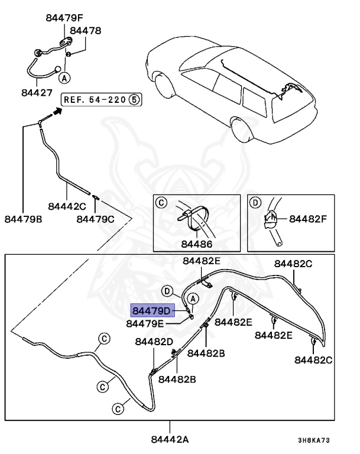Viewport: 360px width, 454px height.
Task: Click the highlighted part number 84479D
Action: coord(151,310)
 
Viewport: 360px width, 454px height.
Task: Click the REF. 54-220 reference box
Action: coord(95,99)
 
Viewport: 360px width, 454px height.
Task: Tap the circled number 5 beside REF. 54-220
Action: coord(134,99)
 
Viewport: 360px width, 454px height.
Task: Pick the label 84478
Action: coord(86,30)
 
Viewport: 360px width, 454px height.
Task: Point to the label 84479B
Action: coord(24,219)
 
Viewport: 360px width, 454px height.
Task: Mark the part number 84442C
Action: coord(67,206)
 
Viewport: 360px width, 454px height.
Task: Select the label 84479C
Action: coord(96,219)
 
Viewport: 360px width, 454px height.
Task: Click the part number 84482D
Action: coord(154,342)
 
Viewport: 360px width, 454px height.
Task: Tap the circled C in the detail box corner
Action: coord(160,203)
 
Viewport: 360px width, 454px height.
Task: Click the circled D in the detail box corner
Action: coord(255,203)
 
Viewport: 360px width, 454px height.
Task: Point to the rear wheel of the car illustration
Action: coord(241,130)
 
